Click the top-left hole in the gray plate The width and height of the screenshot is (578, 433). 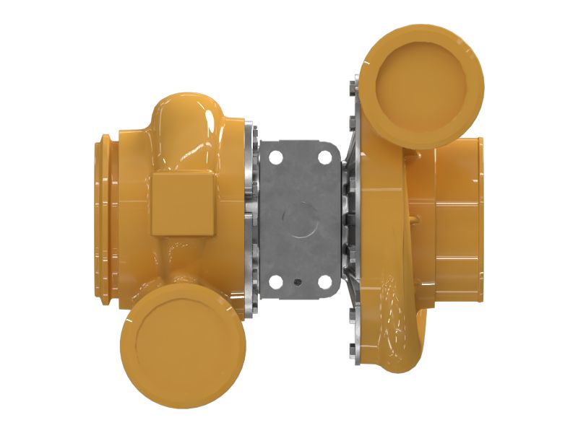[274, 155]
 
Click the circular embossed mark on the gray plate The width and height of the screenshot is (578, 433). [298, 217]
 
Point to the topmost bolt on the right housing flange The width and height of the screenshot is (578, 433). [351, 86]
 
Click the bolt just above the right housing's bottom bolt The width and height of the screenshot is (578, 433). [352, 313]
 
